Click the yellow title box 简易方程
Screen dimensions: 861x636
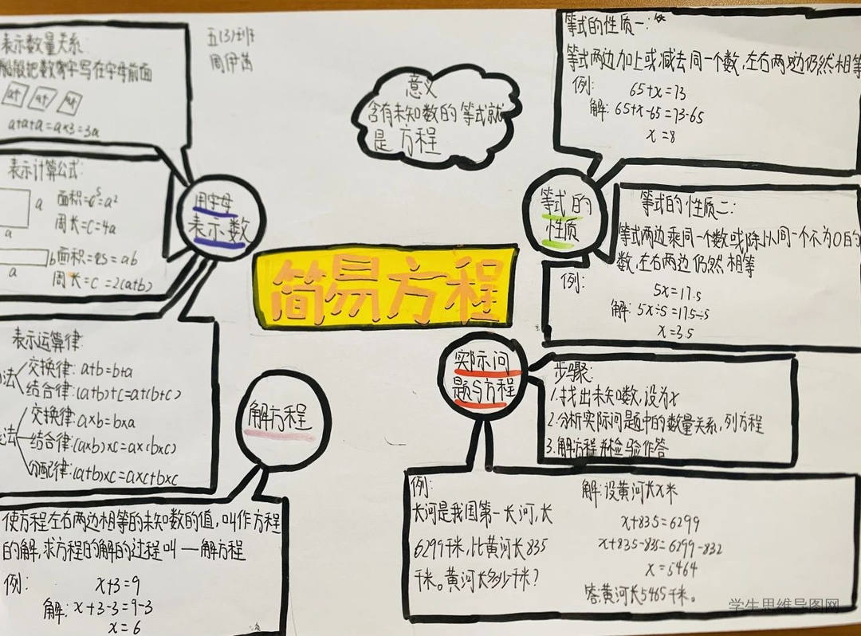point(385,289)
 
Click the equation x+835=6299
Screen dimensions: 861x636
point(659,523)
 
